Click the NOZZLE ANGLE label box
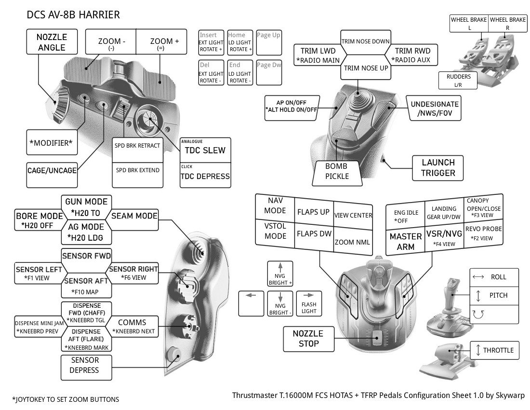(x=52, y=41)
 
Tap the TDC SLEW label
(x=205, y=150)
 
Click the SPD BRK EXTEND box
(x=137, y=170)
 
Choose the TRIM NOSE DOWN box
(x=365, y=41)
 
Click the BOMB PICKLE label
(x=336, y=171)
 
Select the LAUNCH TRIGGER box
(x=438, y=167)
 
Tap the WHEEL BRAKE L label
(x=468, y=23)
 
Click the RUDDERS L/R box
(x=458, y=80)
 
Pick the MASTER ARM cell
(x=405, y=242)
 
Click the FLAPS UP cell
(x=313, y=212)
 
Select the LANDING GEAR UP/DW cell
(x=444, y=213)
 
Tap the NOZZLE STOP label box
(x=308, y=338)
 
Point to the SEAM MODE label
(x=134, y=216)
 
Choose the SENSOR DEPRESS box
(x=85, y=365)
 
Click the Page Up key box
(x=269, y=42)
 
